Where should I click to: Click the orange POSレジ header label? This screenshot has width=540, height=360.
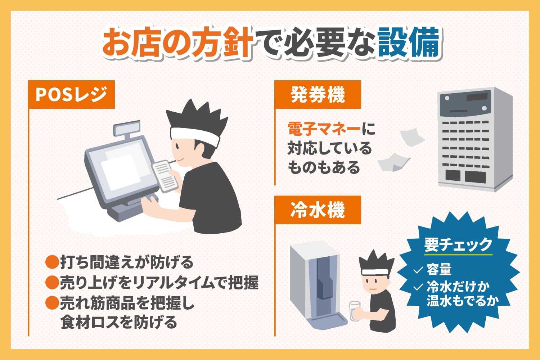(x=71, y=95)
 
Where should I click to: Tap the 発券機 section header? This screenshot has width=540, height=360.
(x=318, y=95)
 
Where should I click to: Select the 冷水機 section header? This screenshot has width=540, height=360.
(x=318, y=210)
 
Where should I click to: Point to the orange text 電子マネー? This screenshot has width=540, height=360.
(x=324, y=129)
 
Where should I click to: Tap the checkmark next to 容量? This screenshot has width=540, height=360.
(x=418, y=270)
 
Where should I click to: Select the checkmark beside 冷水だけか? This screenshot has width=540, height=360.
(x=418, y=287)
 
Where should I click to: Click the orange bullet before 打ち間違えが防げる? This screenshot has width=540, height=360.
(x=52, y=262)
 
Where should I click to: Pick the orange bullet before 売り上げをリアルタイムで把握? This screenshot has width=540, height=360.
(x=52, y=282)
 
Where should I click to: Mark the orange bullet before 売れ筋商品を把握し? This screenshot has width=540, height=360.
(x=52, y=303)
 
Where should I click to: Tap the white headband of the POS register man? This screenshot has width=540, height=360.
(x=195, y=136)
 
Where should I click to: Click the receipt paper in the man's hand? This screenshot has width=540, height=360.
(x=165, y=176)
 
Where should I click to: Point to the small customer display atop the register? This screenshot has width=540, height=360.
(x=127, y=128)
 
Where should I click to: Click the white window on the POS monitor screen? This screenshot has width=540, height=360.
(x=121, y=172)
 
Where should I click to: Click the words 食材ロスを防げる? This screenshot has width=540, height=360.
(x=119, y=323)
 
